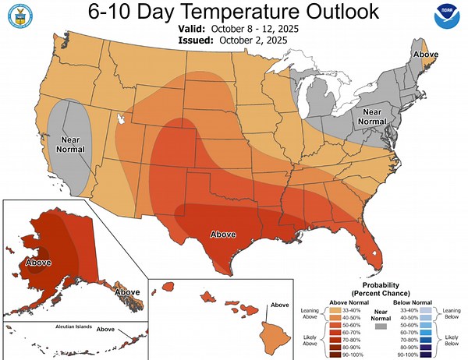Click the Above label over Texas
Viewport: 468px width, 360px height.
pos(224,234)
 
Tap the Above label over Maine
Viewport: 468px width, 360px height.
pos(425,55)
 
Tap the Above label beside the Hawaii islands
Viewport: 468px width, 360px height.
pos(280,305)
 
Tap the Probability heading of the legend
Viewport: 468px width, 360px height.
pos(381,286)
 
